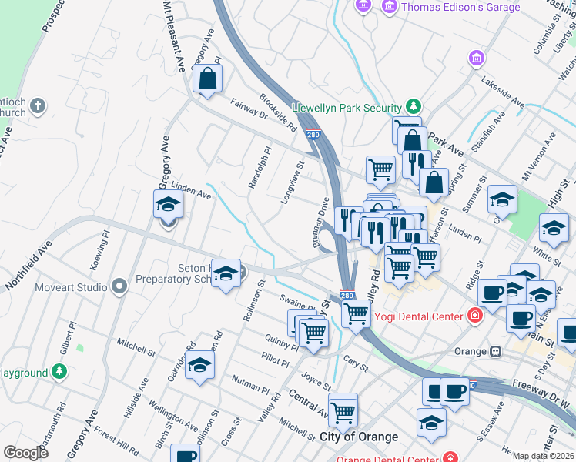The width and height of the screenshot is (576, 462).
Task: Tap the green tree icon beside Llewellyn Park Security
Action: coord(414,107)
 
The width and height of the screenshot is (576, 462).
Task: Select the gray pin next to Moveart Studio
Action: coord(119,287)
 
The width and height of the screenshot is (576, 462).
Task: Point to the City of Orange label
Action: coord(358,437)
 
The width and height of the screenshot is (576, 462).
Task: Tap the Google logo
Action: coord(25,452)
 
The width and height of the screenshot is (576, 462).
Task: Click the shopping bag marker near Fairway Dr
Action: coord(207,79)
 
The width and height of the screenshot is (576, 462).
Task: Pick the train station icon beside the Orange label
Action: coord(495,351)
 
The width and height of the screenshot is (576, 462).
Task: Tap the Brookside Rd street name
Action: coord(278,113)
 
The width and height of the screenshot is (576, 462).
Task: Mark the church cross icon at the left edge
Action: coord(39,105)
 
